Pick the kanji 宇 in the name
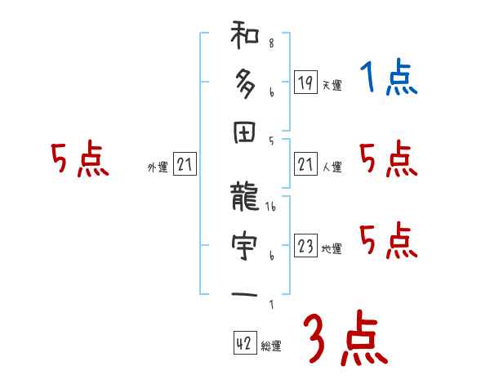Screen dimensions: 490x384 pos(245,244)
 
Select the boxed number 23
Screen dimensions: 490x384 pos(305,246)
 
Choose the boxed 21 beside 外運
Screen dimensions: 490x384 pos(185,165)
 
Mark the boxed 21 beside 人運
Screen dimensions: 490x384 pos(305,164)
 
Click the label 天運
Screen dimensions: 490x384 pos(332,85)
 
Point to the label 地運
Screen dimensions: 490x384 pos(332,249)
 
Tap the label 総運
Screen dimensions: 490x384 pos(271,346)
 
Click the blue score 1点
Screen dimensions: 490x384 pos(387,79)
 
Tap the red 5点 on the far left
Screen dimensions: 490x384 pos(79,160)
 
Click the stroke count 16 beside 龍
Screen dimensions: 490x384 pos(273,208)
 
